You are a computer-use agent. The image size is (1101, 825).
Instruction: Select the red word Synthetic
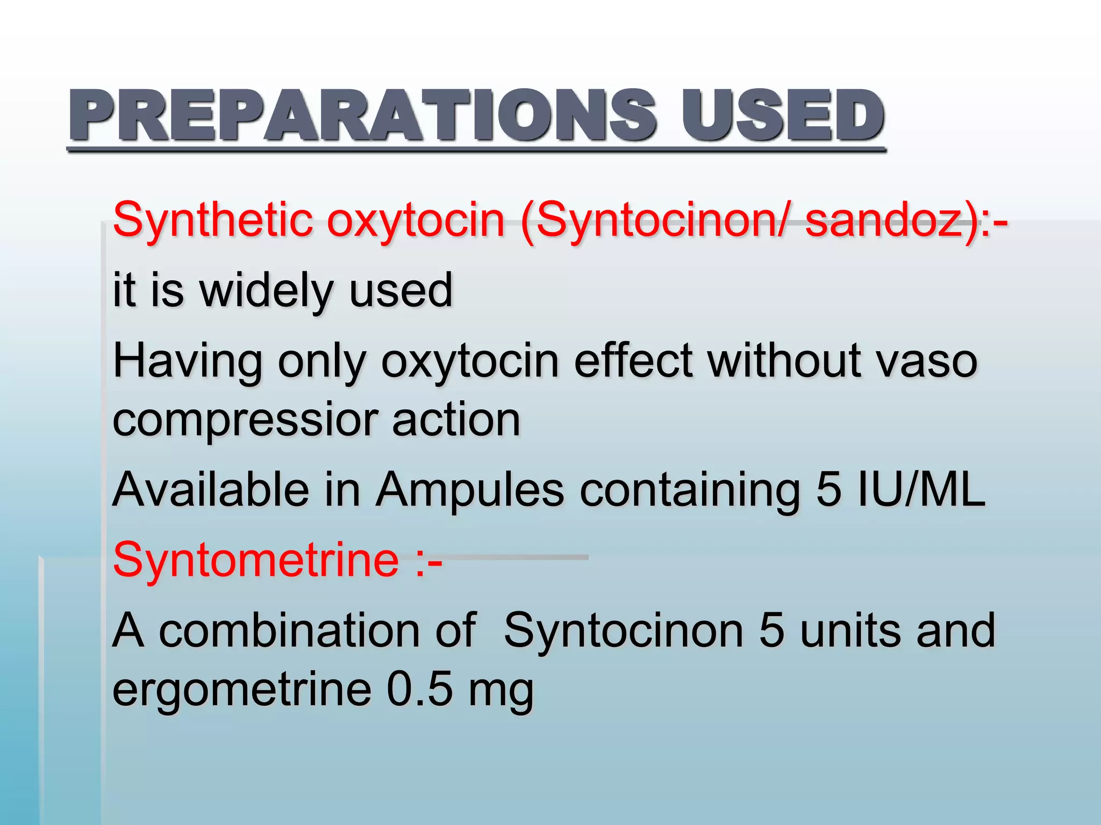[x=213, y=220]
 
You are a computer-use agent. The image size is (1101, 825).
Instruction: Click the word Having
[x=188, y=361]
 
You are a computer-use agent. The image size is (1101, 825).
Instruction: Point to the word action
[x=456, y=420]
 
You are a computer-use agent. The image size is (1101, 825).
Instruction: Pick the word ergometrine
[x=242, y=691]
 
